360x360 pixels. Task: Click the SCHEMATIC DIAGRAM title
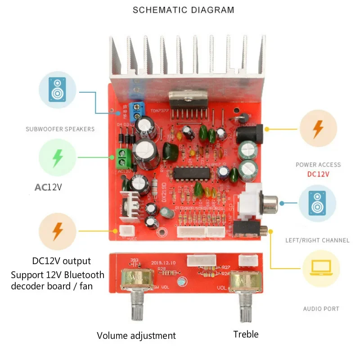pos(183,9)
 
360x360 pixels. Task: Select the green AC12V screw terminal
pos(126,157)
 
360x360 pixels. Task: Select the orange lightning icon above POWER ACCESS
pos(318,129)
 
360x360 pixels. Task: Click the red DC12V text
pos(318,174)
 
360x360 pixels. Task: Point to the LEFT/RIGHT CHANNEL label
pos(317,240)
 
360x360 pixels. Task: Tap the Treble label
pos(246,334)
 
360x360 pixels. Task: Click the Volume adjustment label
pos(136,336)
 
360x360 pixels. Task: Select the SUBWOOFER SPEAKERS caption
pos(60,129)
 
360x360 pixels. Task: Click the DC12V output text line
pos(62,261)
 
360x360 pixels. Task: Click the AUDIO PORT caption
pos(321,309)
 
